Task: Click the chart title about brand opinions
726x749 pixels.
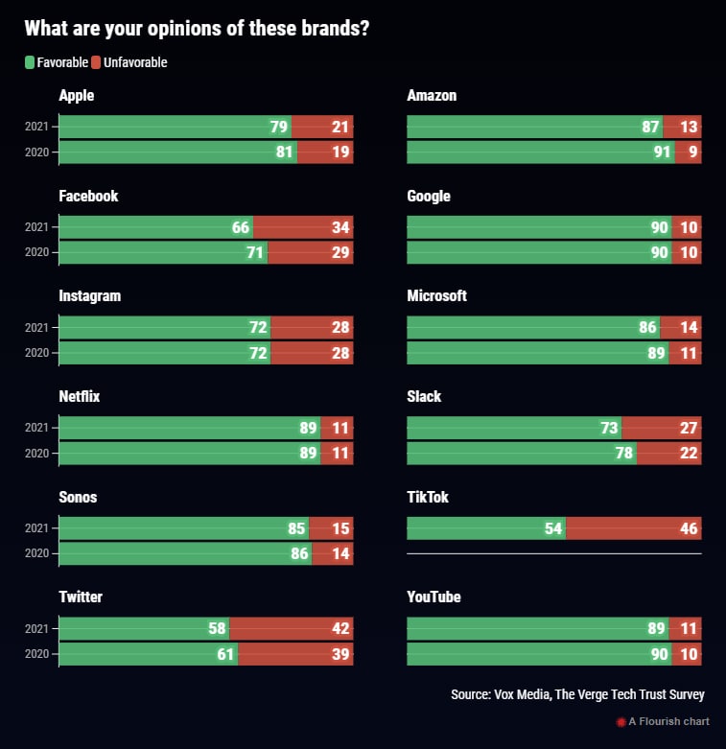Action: coord(197,29)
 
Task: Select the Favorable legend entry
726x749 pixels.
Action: coord(57,62)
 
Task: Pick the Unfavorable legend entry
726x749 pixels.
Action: coord(129,62)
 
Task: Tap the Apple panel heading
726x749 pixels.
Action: coord(77,96)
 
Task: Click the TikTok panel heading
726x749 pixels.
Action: coord(428,497)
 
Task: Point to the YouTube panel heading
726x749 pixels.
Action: coord(433,597)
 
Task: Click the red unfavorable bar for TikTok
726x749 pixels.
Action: coord(633,528)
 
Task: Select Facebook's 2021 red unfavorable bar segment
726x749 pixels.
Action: coord(303,227)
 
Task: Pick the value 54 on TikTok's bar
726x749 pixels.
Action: coord(552,528)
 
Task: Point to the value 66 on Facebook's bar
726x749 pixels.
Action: coord(240,227)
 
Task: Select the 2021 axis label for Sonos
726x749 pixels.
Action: coord(36,528)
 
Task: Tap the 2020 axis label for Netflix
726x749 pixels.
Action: coord(36,454)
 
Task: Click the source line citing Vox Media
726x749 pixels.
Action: coord(577,694)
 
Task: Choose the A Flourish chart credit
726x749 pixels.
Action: coord(663,721)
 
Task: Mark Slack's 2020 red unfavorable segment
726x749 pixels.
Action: coord(669,453)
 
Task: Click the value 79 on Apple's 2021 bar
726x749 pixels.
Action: coord(279,127)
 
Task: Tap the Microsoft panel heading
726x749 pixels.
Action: coord(436,295)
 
